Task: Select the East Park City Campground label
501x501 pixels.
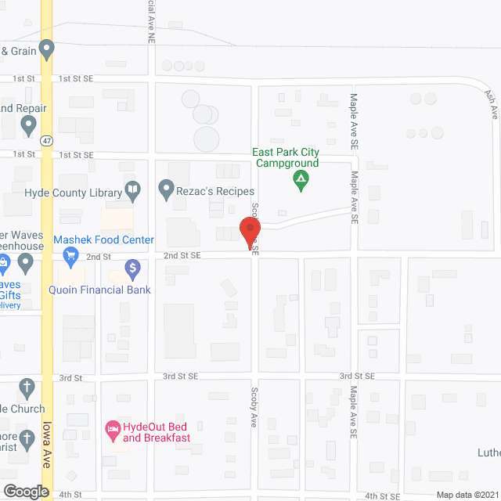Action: point(285,158)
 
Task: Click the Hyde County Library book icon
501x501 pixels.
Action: point(133,190)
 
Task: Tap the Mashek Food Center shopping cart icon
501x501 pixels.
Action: point(70,254)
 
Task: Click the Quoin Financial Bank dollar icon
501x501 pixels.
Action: point(133,270)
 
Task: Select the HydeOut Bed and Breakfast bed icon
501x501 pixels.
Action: point(112,428)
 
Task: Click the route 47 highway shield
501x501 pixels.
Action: point(48,141)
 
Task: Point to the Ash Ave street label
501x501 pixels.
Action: point(492,103)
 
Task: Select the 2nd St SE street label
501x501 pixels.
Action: point(182,256)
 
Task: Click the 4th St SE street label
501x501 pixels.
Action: point(384,496)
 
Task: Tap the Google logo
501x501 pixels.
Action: point(25,492)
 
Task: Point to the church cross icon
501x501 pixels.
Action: point(27,387)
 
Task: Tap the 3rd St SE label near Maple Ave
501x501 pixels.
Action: point(357,377)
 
